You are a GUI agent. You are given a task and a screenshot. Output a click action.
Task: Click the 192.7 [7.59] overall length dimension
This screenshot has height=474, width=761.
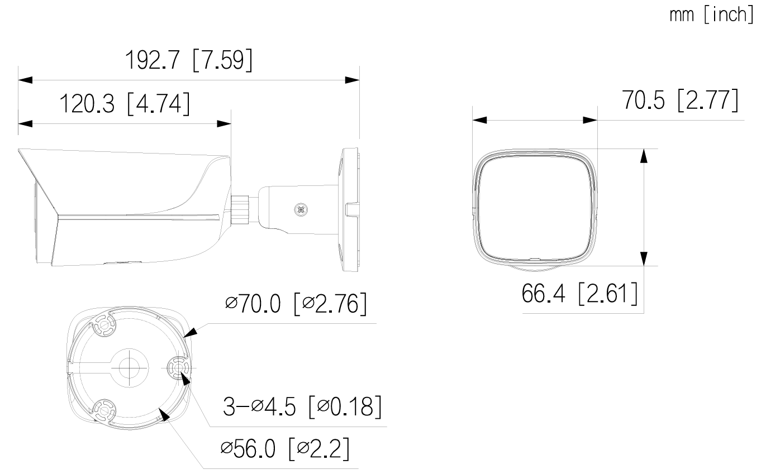tap(189, 60)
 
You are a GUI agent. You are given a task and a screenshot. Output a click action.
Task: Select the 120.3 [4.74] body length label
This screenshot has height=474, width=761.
tap(125, 103)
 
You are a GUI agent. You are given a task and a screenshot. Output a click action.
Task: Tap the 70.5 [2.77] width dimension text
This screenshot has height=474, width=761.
tap(680, 100)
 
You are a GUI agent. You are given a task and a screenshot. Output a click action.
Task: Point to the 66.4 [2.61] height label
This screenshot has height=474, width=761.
tap(579, 293)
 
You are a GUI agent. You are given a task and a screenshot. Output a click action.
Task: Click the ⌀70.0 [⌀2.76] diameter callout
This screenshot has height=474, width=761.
tap(296, 304)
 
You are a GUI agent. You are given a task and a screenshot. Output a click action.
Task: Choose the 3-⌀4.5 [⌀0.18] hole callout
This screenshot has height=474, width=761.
tap(302, 406)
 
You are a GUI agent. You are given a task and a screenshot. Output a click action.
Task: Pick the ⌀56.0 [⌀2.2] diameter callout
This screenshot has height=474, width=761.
tap(285, 448)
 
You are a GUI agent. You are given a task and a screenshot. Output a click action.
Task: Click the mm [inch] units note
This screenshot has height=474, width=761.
tap(712, 15)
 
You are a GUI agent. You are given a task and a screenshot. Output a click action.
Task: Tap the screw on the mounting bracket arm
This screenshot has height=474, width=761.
tap(301, 210)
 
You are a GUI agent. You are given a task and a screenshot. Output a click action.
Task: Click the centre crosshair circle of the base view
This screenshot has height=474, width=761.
tap(130, 368)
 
